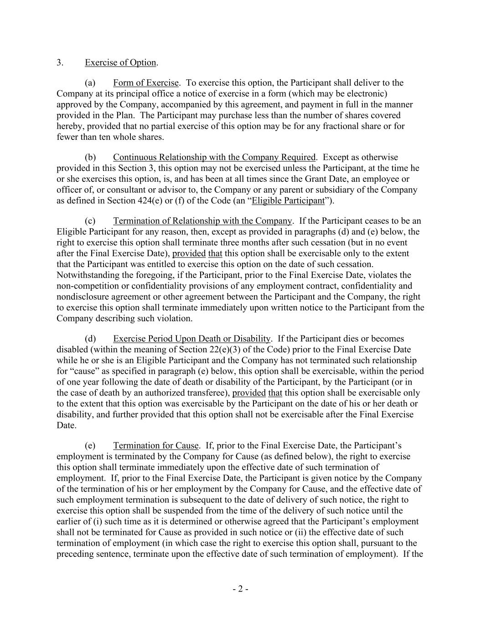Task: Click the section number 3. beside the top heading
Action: click(60, 63)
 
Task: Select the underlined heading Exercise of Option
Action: click(120, 63)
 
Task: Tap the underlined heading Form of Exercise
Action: click(146, 83)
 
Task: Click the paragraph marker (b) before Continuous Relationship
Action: click(90, 158)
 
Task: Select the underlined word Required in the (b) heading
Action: click(298, 158)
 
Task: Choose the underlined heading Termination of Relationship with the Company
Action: click(202, 221)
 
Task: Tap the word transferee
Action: click(207, 393)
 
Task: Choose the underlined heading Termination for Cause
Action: click(156, 446)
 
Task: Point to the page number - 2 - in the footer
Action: click(240, 589)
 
